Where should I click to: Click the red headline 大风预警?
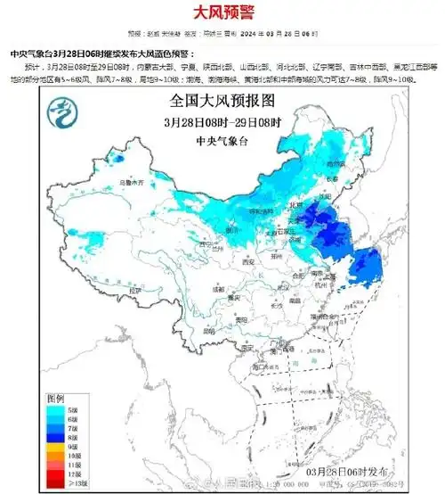[222, 13]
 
